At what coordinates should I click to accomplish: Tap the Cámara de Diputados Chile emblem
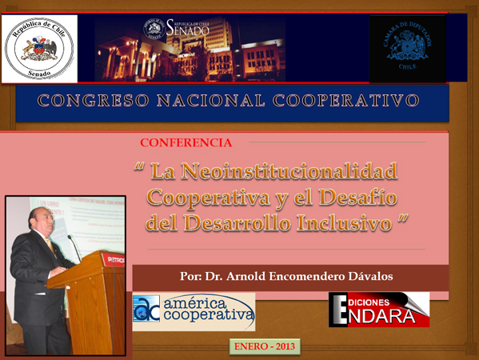pos(407,49)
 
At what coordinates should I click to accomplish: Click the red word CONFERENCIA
pos(186,143)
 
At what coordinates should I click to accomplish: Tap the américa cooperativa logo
pos(194,310)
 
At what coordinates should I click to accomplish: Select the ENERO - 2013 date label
pos(265,346)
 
